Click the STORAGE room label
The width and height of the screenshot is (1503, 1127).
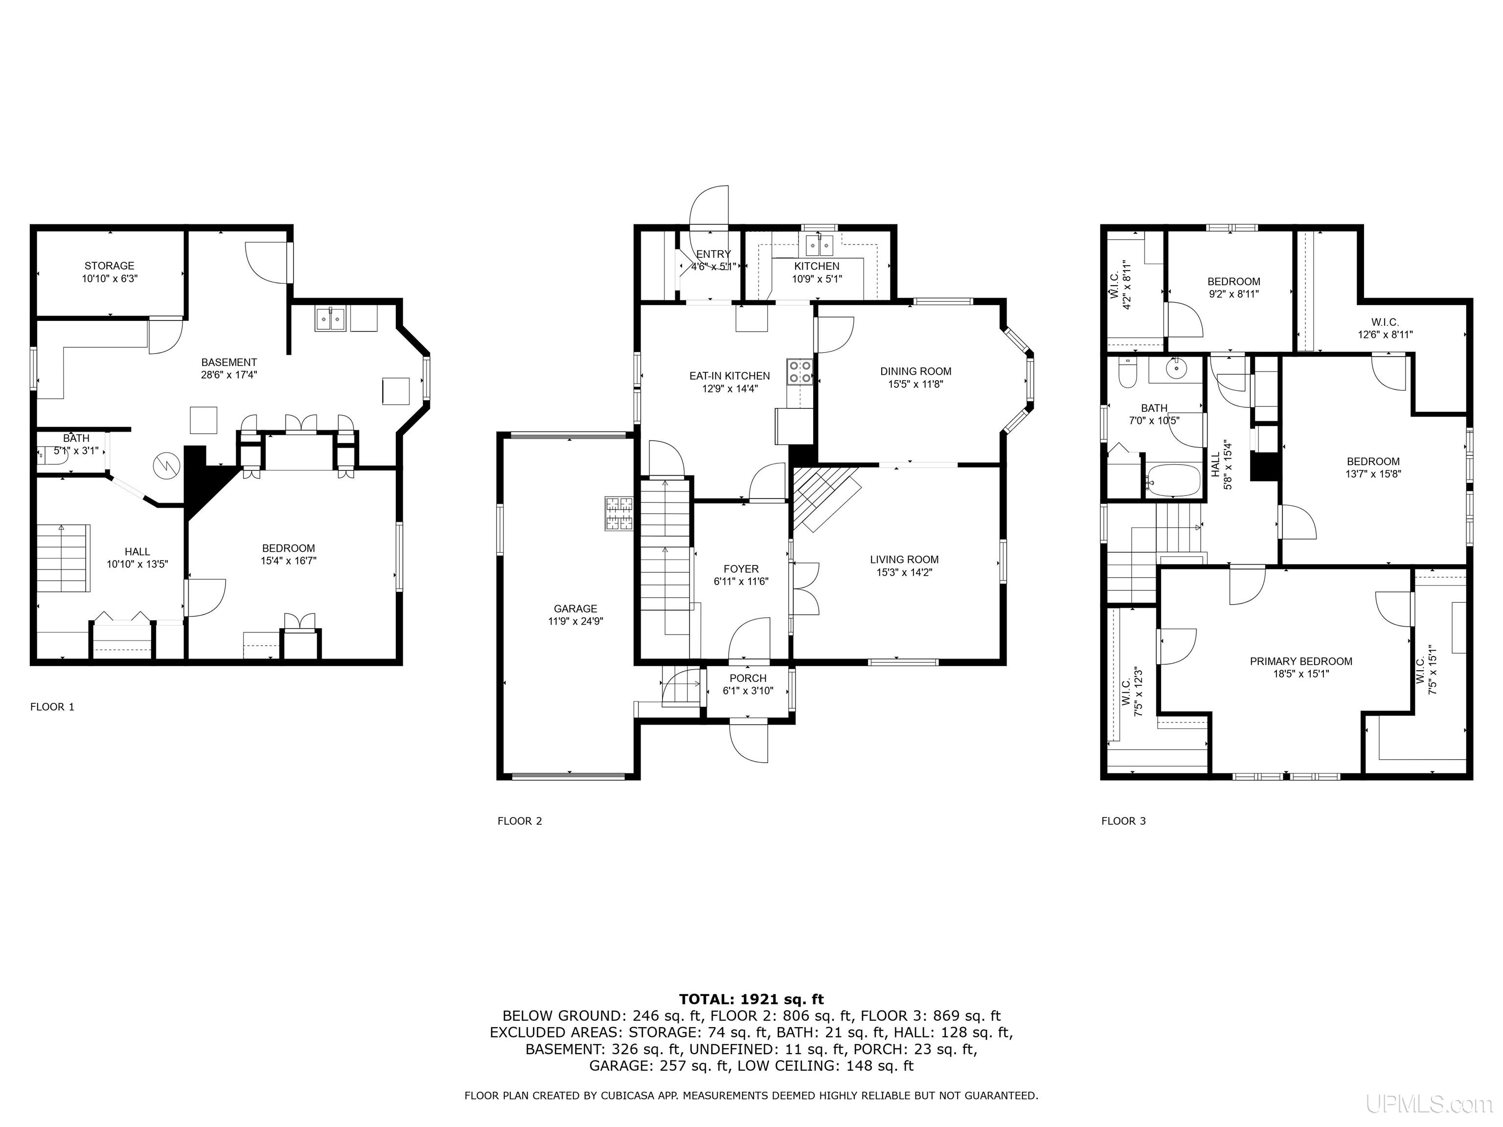(x=110, y=266)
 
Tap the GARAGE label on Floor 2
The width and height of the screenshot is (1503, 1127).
(x=575, y=609)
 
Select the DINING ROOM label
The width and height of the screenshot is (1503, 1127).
(x=916, y=371)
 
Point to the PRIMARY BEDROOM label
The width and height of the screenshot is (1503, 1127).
(x=1301, y=661)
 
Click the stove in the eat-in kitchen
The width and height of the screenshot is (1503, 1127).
(x=800, y=372)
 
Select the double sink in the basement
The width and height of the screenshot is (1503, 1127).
(x=330, y=318)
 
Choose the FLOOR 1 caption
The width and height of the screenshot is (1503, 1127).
(x=52, y=706)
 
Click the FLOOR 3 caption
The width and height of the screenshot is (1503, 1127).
(x=1123, y=821)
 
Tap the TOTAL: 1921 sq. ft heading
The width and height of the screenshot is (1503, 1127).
(x=751, y=999)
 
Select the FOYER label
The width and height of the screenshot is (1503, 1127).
(x=741, y=568)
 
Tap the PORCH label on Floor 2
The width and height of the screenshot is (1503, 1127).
(x=748, y=678)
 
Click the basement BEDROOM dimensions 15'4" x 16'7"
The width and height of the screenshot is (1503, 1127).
(x=289, y=561)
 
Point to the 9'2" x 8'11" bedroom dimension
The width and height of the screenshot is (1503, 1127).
(x=1234, y=294)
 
